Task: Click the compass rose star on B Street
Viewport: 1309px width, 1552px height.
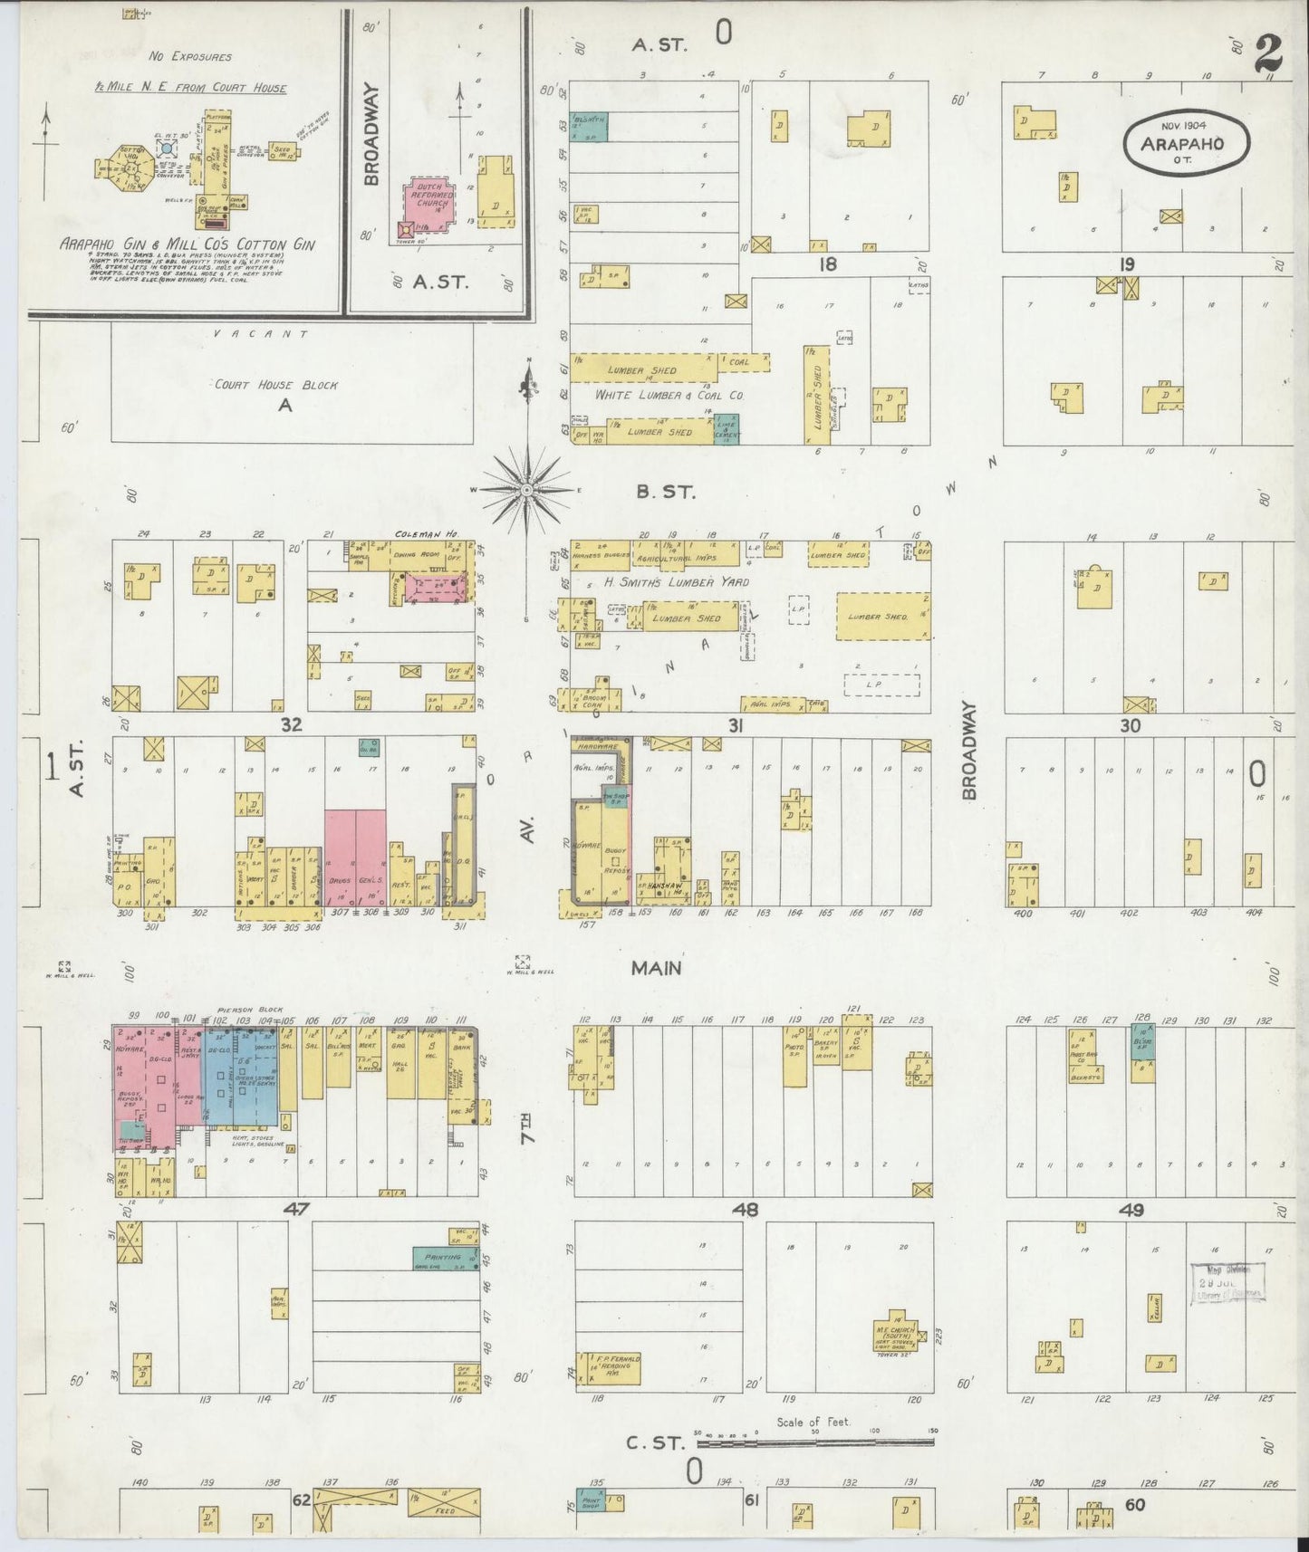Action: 526,489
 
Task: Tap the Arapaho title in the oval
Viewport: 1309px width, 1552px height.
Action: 1187,144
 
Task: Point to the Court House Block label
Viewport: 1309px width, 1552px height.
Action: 275,385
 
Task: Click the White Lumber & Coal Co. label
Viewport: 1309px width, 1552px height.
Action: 669,396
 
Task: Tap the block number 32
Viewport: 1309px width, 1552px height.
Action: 290,724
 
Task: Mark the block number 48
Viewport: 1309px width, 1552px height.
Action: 745,1210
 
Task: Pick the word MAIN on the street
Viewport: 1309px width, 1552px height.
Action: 656,969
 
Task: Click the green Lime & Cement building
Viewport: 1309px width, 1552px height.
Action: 726,429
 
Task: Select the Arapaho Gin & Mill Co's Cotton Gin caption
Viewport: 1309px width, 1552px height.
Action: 187,244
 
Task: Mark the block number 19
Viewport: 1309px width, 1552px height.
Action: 1126,264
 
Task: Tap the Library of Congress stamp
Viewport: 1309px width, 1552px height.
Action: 1228,1285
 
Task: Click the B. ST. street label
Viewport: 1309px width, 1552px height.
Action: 665,493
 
